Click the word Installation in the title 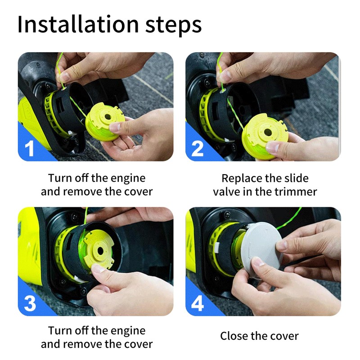(x=78, y=24)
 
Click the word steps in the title (x=174, y=26)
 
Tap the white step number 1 (x=29, y=148)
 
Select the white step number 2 (x=197, y=148)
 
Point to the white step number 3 (x=30, y=303)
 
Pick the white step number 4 (x=198, y=303)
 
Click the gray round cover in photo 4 (x=262, y=250)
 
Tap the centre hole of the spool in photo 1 (x=108, y=117)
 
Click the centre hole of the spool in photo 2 (x=268, y=132)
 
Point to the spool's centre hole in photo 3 (x=100, y=251)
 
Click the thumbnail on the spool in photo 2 (x=273, y=147)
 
